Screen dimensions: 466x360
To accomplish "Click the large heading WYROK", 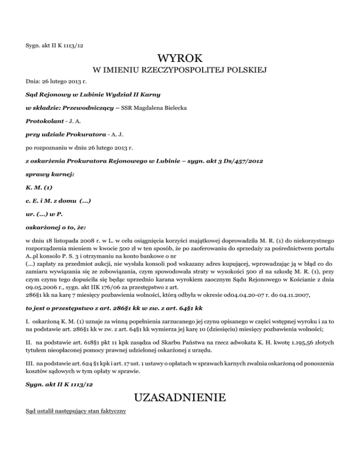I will coord(180,60).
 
